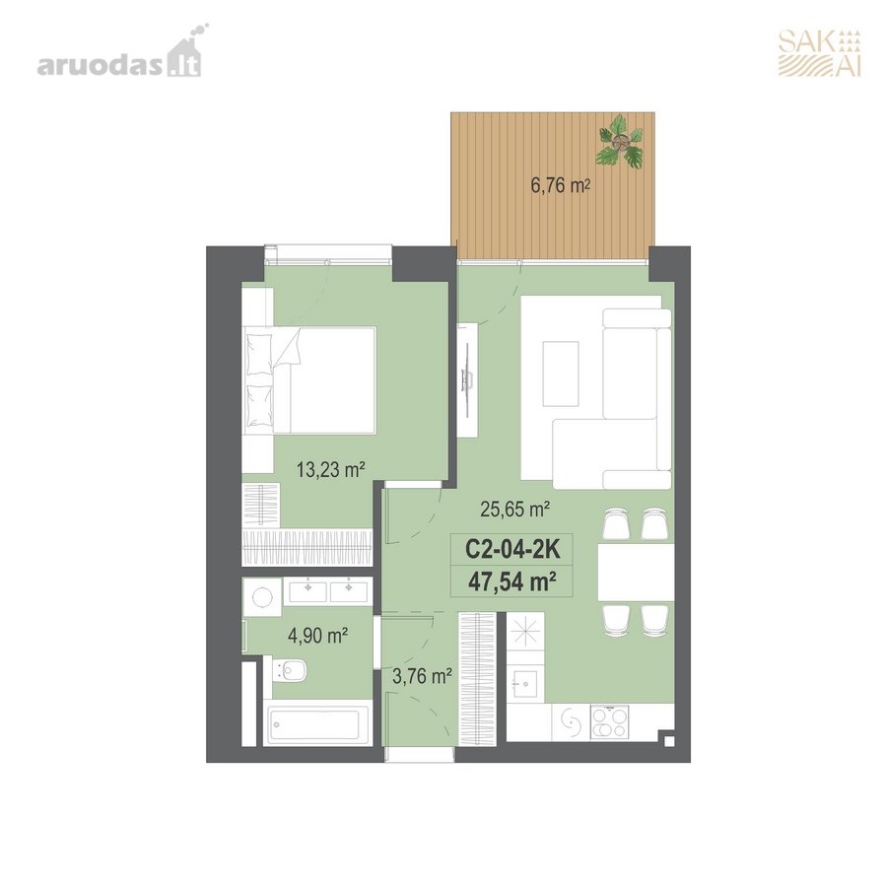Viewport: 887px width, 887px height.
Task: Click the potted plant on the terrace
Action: pos(621,141)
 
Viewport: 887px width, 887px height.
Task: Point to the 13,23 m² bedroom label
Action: pos(331,469)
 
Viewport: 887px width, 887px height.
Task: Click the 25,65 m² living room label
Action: pos(514,510)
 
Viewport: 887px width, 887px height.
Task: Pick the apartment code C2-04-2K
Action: pos(512,549)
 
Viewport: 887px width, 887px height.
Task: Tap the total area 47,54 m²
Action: pos(512,580)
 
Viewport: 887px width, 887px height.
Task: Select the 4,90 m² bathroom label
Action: pos(317,636)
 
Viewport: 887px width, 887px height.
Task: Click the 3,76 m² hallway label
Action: pos(422,675)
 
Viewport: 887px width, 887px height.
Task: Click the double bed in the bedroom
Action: pos(309,380)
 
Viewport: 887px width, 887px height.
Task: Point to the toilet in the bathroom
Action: pos(289,671)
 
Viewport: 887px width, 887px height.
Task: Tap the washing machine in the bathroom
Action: pos(262,597)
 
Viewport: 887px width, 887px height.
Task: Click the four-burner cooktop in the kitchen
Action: pos(609,722)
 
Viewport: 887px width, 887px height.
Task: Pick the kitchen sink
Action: pos(525,683)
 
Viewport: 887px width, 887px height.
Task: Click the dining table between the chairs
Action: pos(637,572)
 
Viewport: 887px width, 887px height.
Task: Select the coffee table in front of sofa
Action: pos(561,374)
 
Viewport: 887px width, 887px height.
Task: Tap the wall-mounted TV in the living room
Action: pos(468,380)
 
